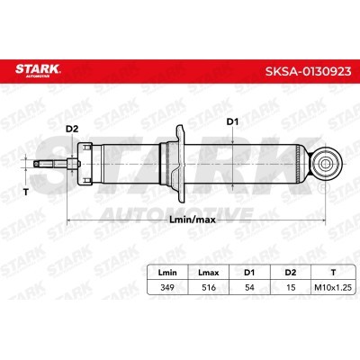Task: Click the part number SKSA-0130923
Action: [308, 71]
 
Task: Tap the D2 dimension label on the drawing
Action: [72, 129]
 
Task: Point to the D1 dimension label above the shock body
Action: [232, 121]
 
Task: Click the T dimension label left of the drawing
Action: [26, 192]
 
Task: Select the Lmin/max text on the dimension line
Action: [193, 220]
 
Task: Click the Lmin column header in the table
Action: [167, 273]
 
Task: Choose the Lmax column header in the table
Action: [209, 273]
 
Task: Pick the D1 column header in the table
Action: [249, 273]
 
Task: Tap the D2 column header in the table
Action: [291, 273]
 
